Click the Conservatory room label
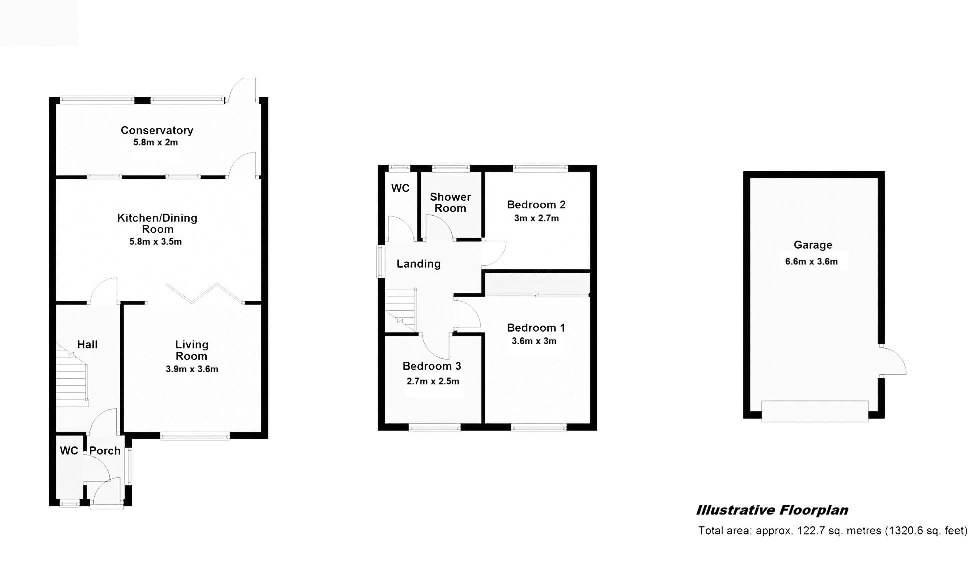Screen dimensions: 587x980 [157, 130]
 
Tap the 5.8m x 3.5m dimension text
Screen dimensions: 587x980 [155, 242]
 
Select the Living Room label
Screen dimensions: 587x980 [192, 350]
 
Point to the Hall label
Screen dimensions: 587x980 [87, 344]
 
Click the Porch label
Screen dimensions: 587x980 [105, 451]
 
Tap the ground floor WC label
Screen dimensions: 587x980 [69, 451]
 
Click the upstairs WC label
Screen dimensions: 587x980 [400, 188]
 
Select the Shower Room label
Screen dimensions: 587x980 [450, 202]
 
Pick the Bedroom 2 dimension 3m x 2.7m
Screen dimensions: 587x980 [536, 218]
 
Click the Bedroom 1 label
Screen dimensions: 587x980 [536, 328]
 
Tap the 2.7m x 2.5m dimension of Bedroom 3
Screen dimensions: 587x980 [433, 381]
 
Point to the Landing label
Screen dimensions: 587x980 [419, 264]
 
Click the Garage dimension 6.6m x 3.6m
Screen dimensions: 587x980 [811, 261]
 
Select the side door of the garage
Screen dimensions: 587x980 [894, 360]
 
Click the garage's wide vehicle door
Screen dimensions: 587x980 [815, 411]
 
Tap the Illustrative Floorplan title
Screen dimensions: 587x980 [772, 510]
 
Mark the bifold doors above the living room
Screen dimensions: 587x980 [205, 294]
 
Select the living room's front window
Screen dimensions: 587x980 [195, 436]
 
